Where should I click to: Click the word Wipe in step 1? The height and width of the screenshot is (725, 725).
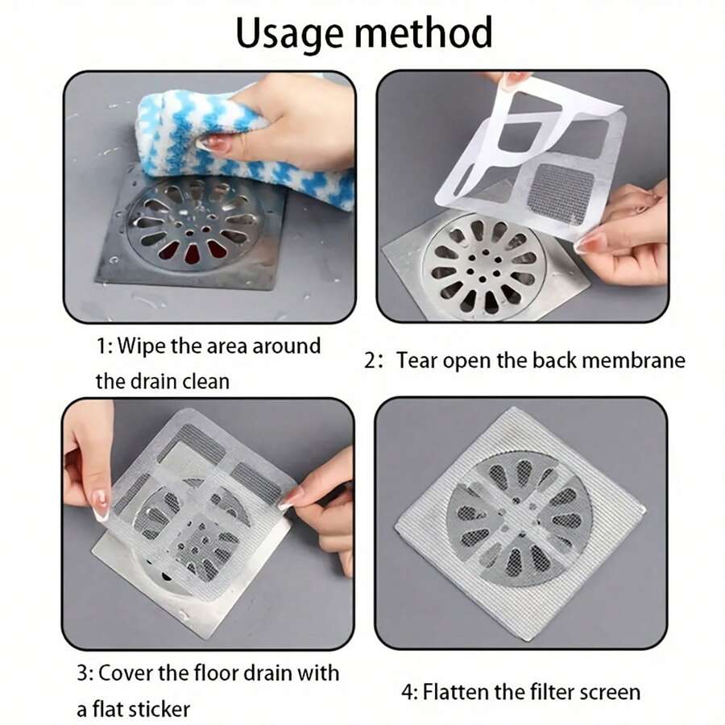click(142, 347)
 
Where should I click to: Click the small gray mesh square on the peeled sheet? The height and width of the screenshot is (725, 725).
click(564, 193)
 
